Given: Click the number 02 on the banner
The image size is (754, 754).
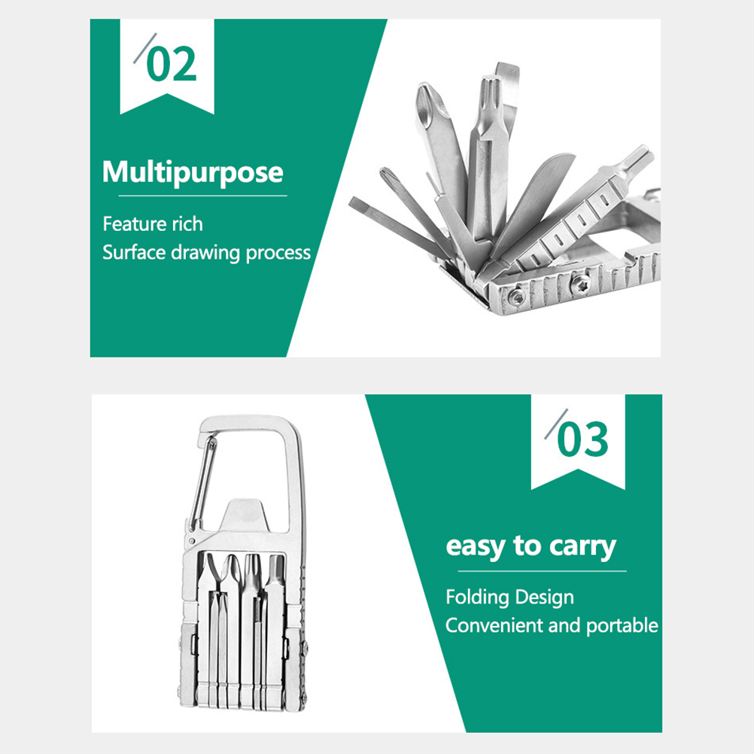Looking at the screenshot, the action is (172, 63).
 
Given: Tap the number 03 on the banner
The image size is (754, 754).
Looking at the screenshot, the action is (583, 439).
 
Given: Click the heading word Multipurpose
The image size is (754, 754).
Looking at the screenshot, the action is (193, 172).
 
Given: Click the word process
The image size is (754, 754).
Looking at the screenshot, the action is (278, 254).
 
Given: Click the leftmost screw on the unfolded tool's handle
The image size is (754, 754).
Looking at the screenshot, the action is (517, 297).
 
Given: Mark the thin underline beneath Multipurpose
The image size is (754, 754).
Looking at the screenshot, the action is (202, 196).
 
